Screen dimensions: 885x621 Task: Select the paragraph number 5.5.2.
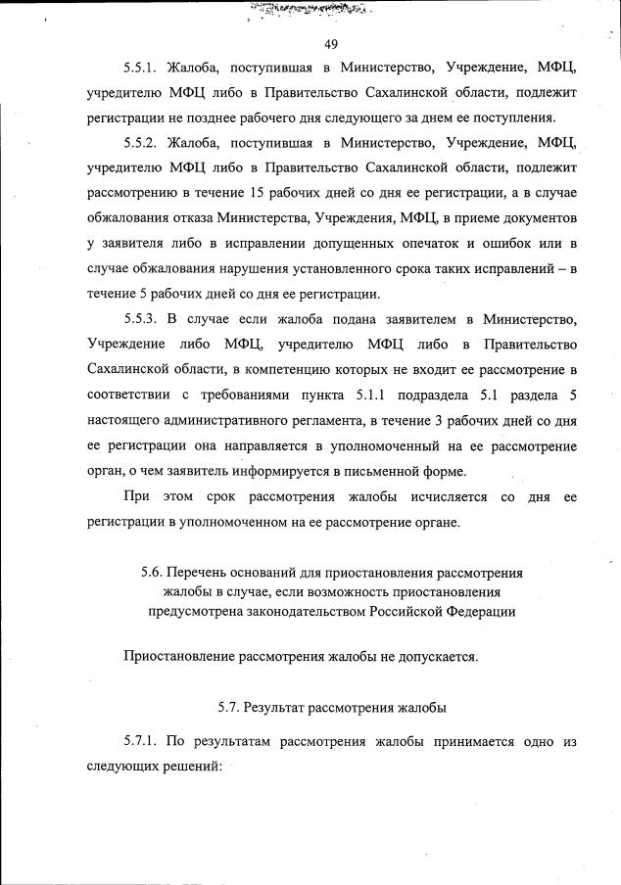tap(142, 144)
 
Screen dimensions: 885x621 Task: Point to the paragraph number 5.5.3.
tap(142, 318)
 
